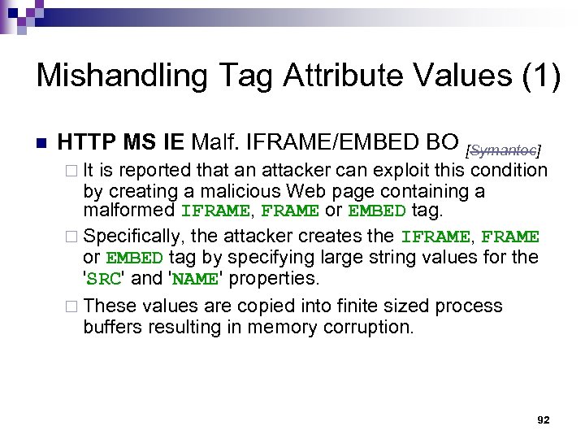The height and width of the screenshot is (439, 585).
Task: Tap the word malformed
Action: click(129, 211)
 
